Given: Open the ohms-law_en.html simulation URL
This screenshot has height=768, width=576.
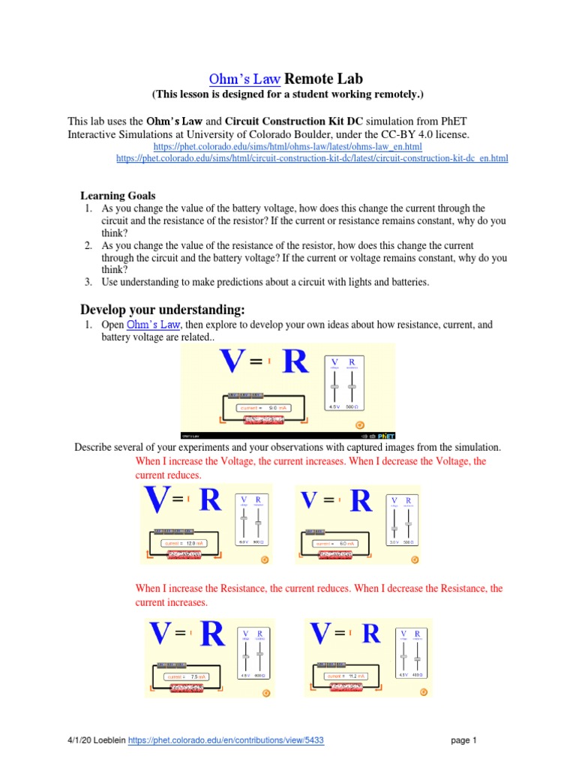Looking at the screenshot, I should click(x=287, y=146).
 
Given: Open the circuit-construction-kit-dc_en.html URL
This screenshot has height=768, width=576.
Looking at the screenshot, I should click(x=312, y=158).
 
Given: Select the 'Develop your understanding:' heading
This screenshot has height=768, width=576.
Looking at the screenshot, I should click(x=162, y=310).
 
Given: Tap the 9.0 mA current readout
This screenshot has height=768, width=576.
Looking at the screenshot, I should click(x=263, y=408).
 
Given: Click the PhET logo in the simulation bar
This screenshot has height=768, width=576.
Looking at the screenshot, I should click(x=385, y=435).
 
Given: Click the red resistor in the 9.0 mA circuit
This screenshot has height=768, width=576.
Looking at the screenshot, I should click(x=263, y=420).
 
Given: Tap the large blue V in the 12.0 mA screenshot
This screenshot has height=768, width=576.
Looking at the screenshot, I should click(x=156, y=501).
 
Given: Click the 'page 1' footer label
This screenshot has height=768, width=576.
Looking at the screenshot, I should click(x=463, y=740).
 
